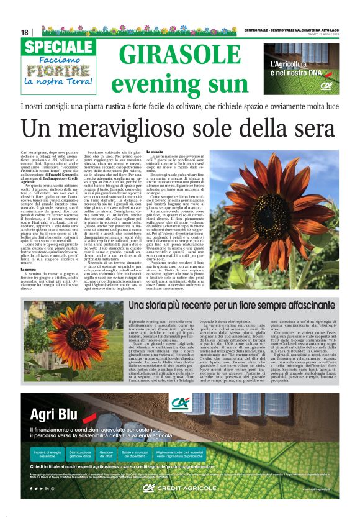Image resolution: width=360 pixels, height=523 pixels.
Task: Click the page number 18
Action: pyautogui.click(x=24, y=32)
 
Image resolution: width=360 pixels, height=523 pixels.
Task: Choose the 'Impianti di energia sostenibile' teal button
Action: pyautogui.click(x=47, y=454)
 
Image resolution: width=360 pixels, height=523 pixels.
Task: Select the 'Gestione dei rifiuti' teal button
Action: pyautogui.click(x=106, y=454)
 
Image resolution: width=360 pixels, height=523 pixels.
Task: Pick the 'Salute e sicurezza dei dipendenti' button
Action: pyautogui.click(x=133, y=454)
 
